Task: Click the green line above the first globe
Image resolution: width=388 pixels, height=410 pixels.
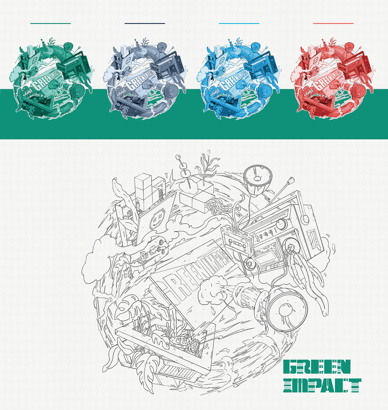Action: tap(50, 23)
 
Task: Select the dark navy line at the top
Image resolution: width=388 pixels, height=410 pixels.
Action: tap(145, 23)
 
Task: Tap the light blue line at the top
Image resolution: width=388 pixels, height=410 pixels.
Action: tap(239, 23)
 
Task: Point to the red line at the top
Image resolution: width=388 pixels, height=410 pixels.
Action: tap(333, 23)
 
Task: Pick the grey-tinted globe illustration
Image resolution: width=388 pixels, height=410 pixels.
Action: tap(145, 79)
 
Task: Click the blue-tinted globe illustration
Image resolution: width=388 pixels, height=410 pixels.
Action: tap(239, 79)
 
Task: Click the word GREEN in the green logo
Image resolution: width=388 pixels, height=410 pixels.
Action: tap(317, 367)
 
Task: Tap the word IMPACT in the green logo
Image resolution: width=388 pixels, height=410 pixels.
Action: tap(322, 385)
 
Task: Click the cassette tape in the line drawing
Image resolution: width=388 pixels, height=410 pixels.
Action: tap(237, 240)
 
